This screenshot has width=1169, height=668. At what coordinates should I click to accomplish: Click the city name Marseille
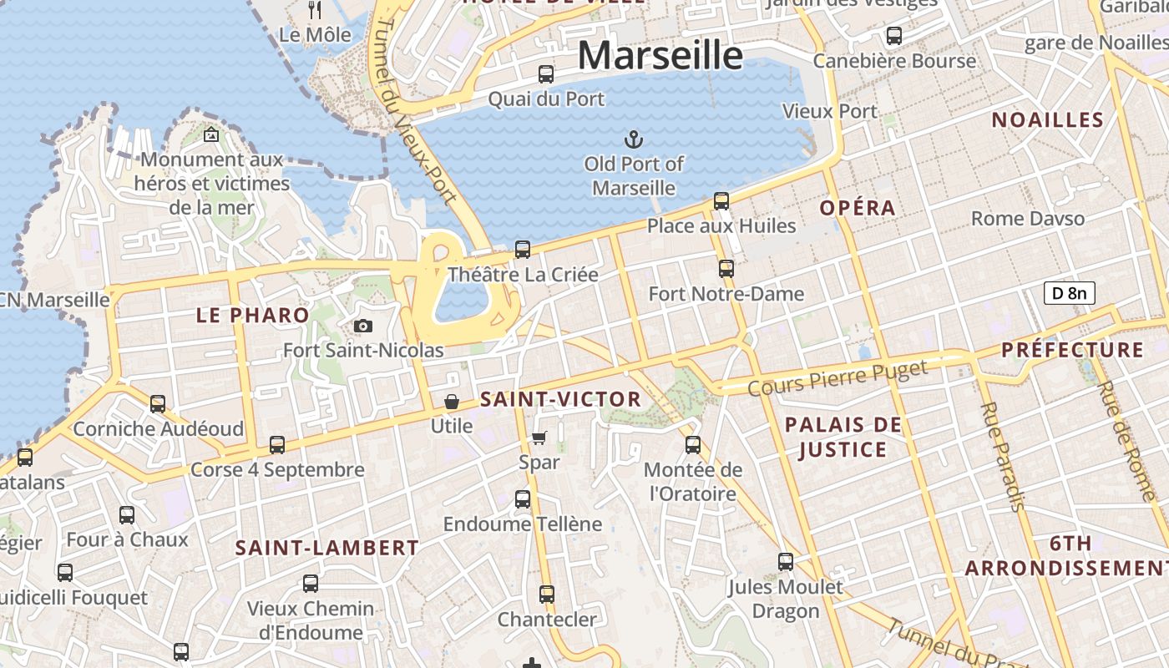660,56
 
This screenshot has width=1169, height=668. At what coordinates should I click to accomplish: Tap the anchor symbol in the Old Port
634,139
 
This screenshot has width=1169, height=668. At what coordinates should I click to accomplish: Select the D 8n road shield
1069,293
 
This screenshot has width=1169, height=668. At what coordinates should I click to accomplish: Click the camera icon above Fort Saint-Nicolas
362,326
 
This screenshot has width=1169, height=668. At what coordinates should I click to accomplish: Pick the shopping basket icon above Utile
452,402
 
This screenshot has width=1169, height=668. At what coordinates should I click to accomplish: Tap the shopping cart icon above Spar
539,438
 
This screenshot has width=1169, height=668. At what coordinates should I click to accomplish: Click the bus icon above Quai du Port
546,73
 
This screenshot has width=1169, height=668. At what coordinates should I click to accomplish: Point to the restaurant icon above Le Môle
315,10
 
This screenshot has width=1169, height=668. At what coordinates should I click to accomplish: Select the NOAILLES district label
1047,120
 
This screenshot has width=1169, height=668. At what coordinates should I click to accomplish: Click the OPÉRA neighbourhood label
858,208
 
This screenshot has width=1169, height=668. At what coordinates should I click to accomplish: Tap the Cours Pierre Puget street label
838,378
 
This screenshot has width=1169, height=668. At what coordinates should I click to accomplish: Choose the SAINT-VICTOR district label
561,400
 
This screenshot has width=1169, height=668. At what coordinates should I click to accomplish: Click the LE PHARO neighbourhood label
252,316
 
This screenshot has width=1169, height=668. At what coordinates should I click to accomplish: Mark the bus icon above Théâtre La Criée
523,249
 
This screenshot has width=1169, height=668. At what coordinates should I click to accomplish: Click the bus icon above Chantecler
547,594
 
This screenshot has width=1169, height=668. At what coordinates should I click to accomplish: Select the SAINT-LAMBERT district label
326,548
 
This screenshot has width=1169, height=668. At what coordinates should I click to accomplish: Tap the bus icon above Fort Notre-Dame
726,268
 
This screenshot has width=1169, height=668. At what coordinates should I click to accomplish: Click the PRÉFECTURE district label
1072,350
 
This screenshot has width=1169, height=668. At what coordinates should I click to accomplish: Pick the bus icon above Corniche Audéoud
158,404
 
